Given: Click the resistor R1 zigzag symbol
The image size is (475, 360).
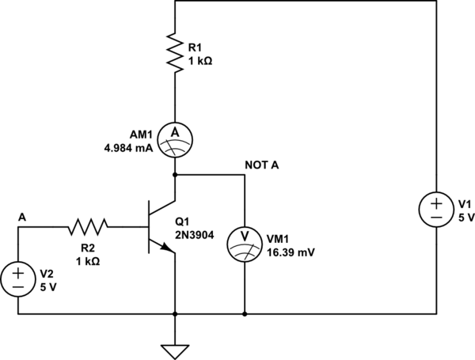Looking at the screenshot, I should (174, 51).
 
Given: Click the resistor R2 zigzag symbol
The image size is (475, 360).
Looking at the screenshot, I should (87, 228).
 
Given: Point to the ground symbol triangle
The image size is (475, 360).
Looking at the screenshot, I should (174, 349).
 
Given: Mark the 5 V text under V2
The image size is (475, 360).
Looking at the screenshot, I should (47, 286).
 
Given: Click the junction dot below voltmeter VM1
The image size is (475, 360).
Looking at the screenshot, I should (244, 314).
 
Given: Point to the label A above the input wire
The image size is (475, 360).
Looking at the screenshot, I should (21, 216).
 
